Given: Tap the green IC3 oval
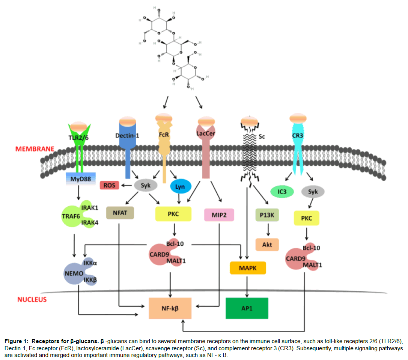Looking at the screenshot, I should (x=282, y=192).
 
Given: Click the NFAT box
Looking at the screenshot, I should (x=120, y=213).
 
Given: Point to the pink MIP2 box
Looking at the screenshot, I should (x=219, y=215).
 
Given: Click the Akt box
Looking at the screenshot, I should (x=267, y=244).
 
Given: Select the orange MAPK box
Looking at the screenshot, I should (x=248, y=268).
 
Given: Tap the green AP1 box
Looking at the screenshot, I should (x=247, y=308).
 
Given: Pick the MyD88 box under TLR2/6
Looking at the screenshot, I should (x=80, y=178).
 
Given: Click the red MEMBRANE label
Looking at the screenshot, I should (x=35, y=149).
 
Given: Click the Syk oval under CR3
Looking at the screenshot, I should (x=313, y=192).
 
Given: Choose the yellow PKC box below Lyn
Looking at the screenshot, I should (x=173, y=214).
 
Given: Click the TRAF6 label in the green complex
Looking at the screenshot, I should (x=71, y=216).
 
